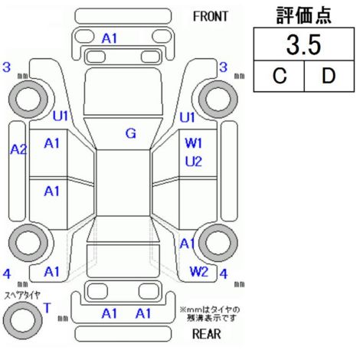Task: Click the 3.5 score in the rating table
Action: (x=303, y=45)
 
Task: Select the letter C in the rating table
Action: (x=280, y=76)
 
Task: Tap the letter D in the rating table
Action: (x=329, y=76)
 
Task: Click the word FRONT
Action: (x=210, y=17)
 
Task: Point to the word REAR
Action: (x=206, y=334)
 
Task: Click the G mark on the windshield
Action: (x=131, y=133)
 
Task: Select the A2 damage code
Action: (x=18, y=149)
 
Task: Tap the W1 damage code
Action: (x=194, y=143)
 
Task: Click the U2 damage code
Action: (x=194, y=162)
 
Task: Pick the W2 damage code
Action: (x=199, y=271)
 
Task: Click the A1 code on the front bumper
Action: (x=110, y=39)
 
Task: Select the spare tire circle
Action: (x=23, y=320)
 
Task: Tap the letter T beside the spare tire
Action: (x=47, y=308)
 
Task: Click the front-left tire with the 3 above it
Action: (x=28, y=100)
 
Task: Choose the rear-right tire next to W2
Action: (x=218, y=243)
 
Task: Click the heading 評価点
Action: (x=304, y=16)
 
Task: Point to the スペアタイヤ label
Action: (x=22, y=295)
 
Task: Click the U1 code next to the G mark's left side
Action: (x=61, y=116)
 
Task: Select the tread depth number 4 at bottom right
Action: (x=224, y=274)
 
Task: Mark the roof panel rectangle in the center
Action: (x=123, y=183)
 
